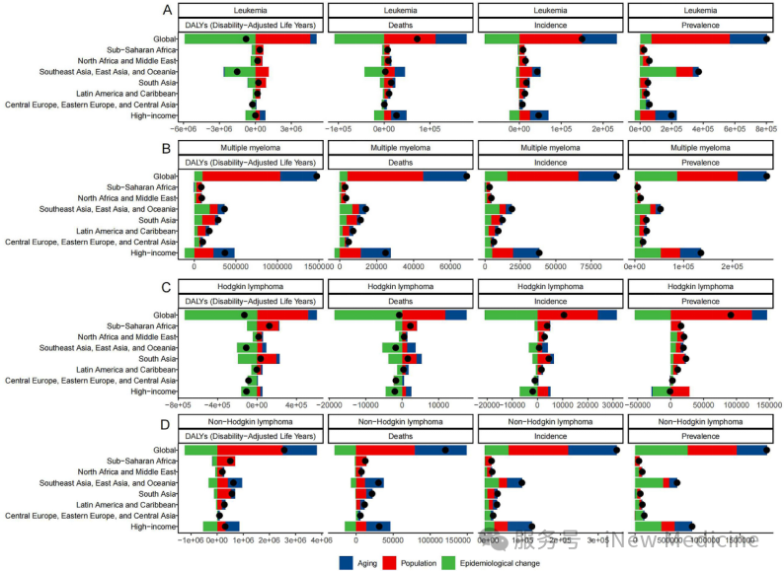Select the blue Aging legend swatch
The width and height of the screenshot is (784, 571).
point(347,561)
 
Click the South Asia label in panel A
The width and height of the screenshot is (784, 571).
point(156,83)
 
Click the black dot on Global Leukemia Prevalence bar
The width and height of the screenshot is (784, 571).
point(766,38)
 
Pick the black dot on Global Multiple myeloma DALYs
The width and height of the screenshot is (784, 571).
point(316,177)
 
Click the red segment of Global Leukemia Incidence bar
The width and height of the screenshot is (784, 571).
point(549,38)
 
